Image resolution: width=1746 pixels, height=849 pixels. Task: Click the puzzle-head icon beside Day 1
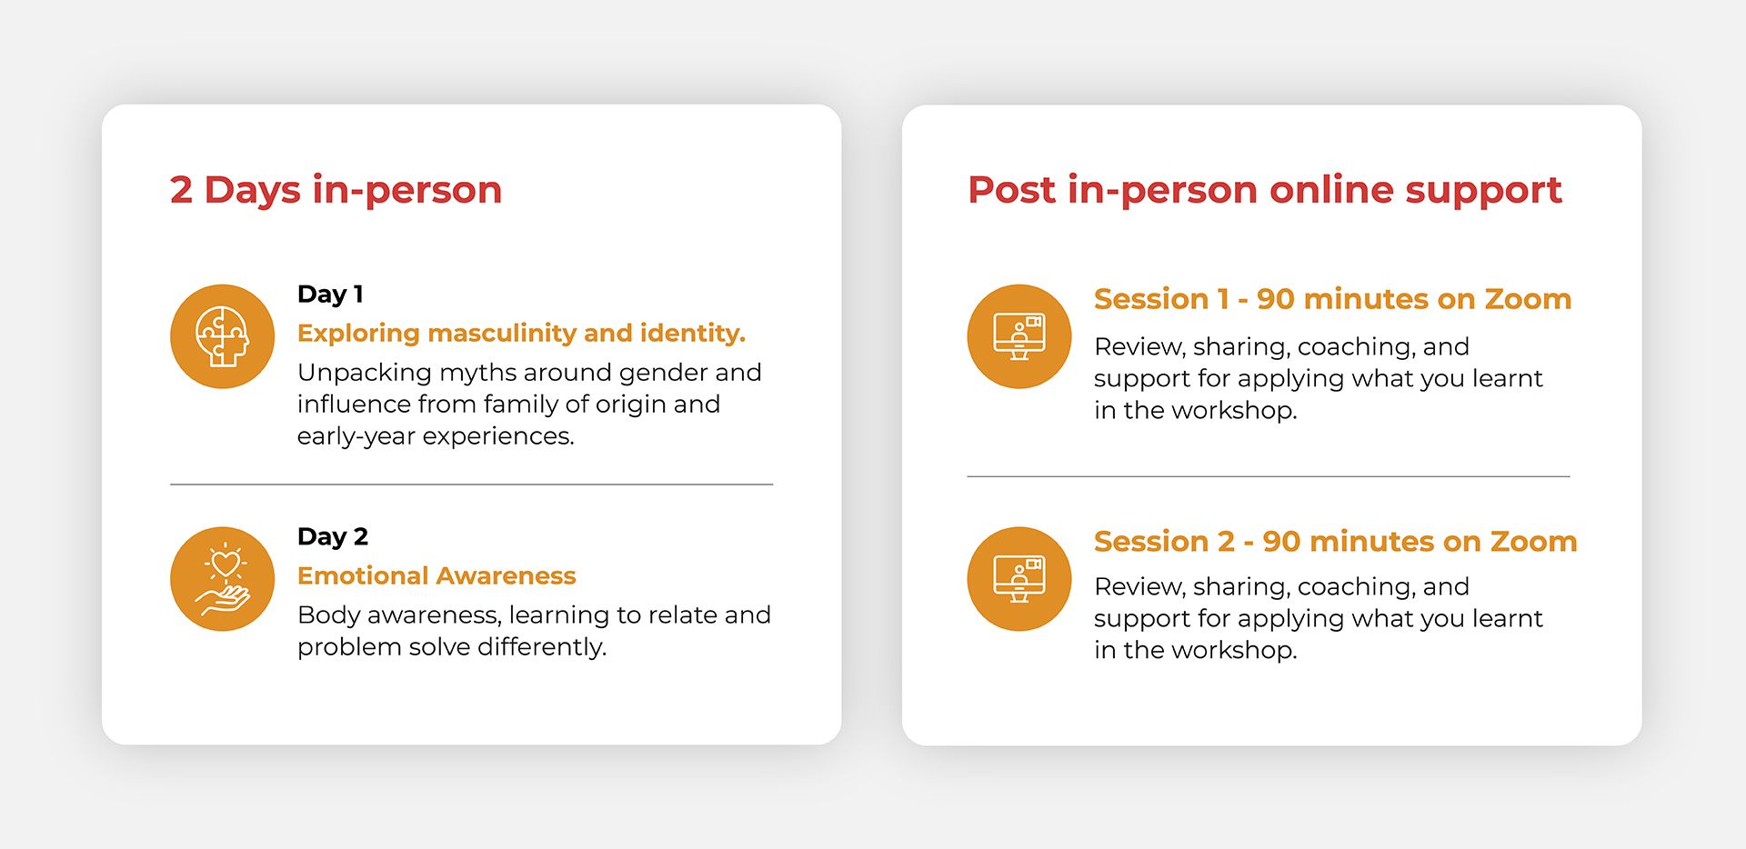tap(222, 336)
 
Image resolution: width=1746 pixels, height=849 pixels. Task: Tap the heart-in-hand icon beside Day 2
tap(222, 579)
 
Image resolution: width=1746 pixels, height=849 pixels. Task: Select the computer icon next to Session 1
tap(1019, 336)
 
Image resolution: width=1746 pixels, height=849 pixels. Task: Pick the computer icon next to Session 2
tap(1019, 579)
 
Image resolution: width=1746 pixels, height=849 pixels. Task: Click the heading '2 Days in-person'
tap(336, 190)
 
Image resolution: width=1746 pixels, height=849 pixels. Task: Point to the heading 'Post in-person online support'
tap(1264, 190)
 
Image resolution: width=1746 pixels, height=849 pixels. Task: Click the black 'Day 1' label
tap(330, 295)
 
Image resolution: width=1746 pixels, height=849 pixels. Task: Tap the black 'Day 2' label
tap(333, 537)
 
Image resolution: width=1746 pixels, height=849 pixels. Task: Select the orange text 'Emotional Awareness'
tap(436, 575)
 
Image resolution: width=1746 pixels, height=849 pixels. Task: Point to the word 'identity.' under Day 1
tap(693, 334)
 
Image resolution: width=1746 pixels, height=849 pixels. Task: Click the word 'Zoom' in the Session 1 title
tap(1528, 299)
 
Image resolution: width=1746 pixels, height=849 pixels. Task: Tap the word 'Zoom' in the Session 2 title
tap(1533, 542)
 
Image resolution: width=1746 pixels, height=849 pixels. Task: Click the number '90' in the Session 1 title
tap(1276, 299)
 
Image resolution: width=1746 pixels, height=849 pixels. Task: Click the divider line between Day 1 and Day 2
tap(471, 484)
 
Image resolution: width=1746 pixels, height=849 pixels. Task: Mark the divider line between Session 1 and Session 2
tap(1269, 475)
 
